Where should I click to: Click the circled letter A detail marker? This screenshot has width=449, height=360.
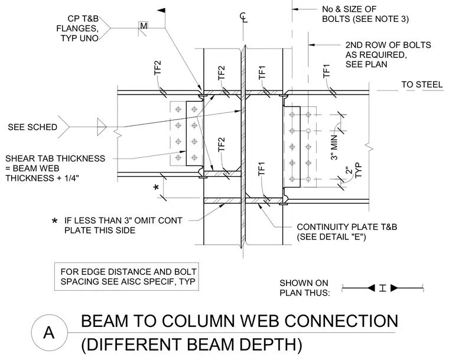point(49,332)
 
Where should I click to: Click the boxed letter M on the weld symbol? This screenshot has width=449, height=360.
point(144,26)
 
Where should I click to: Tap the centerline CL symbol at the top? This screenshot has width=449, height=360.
point(243,17)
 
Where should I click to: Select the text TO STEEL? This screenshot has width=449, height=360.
point(422,85)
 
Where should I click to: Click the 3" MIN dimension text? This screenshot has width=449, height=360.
point(334,147)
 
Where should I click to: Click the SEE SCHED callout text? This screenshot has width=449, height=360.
point(32,127)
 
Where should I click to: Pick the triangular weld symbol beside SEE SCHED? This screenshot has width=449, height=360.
point(102,127)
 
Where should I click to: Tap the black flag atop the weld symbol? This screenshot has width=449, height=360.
point(161,11)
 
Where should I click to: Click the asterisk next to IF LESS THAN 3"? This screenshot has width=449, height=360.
point(54,221)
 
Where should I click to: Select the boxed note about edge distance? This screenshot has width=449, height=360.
point(126,277)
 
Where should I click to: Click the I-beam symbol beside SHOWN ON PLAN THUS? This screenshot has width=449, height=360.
point(383,288)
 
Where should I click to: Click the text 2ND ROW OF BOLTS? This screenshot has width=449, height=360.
point(388,45)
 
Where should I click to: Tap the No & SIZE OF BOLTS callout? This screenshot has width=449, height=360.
point(365,14)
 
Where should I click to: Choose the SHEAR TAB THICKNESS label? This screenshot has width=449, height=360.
point(56,158)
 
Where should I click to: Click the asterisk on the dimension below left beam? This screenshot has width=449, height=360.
point(156,188)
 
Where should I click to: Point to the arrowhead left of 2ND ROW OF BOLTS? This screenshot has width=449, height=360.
point(311,45)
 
